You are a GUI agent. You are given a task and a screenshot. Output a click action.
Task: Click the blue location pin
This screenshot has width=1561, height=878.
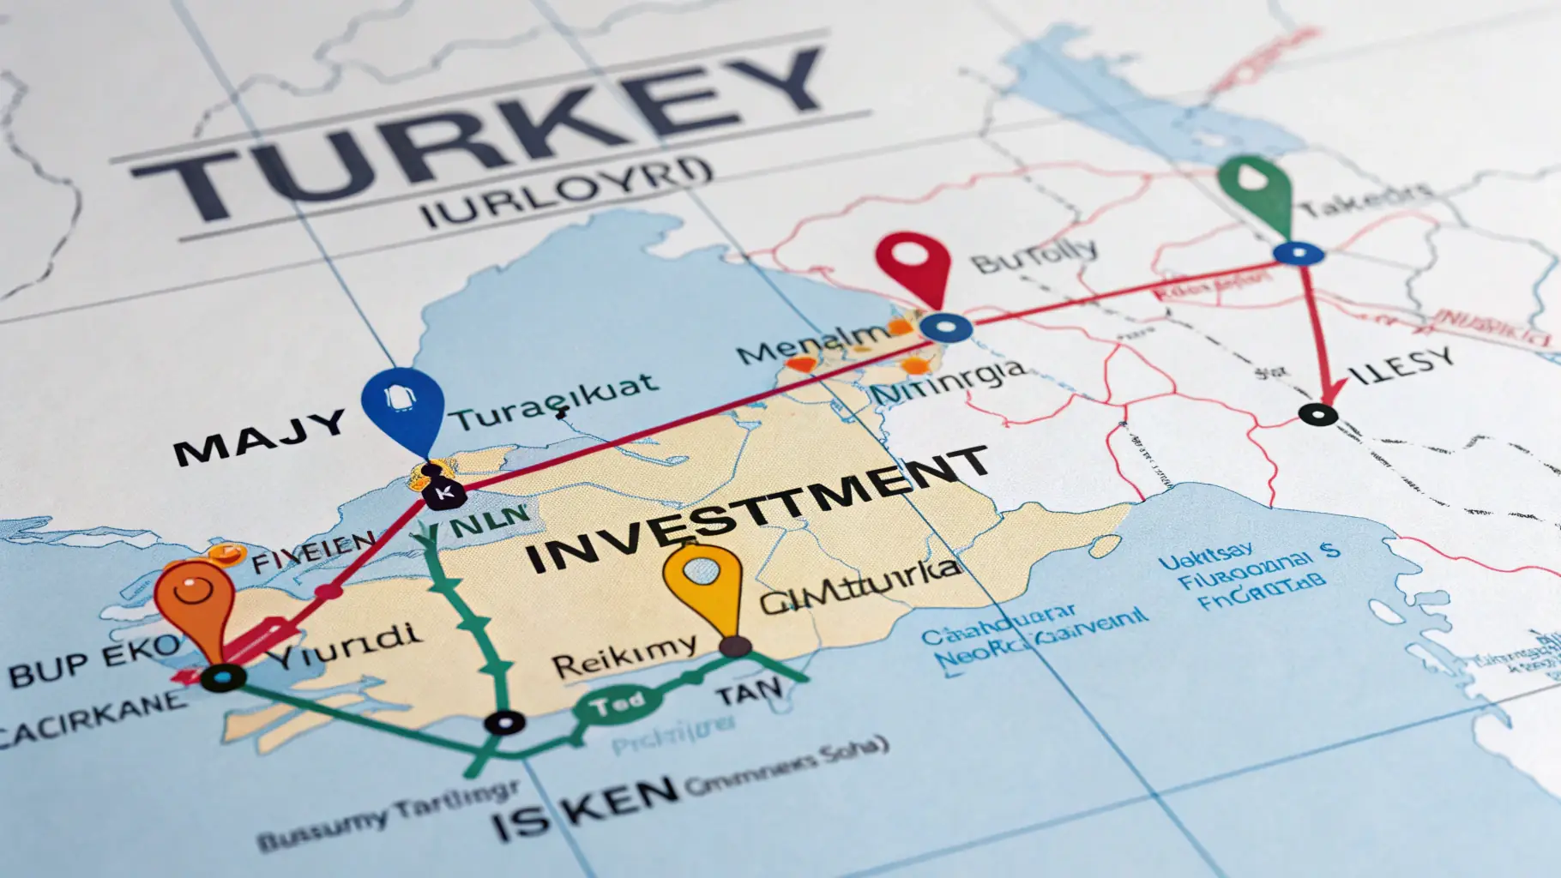[x=403, y=406]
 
